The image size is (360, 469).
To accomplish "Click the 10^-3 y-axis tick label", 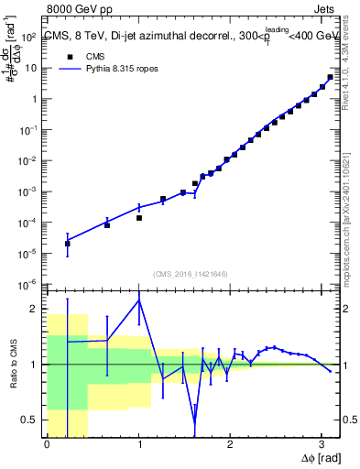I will [29, 191].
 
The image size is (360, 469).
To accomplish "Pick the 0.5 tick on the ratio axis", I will [31, 420].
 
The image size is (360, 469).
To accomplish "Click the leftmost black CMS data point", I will [67, 244].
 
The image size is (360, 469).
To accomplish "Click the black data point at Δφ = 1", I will [139, 218].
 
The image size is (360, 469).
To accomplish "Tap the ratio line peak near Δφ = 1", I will [139, 300].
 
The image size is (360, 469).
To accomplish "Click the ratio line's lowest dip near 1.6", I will [194, 422].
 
